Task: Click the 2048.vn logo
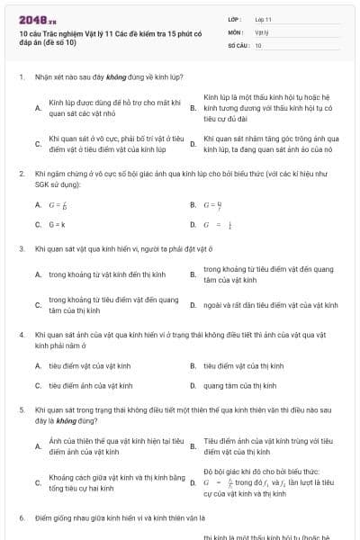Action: (37, 18)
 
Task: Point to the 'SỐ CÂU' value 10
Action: (258, 44)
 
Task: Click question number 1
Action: (21, 77)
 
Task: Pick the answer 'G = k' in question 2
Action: (58, 224)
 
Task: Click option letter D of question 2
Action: (193, 224)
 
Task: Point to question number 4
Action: (21, 334)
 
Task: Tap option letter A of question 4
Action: (38, 366)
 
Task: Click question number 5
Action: (21, 409)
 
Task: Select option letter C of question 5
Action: (38, 482)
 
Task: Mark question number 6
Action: (21, 517)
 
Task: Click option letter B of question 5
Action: (193, 446)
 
